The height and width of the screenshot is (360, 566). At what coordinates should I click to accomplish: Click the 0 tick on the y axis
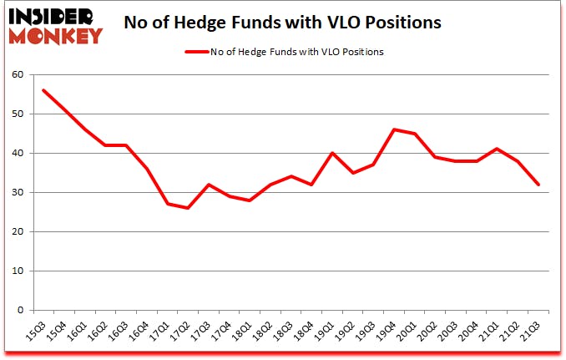click(20, 310)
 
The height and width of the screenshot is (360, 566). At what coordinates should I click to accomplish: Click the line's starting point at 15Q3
click(43, 90)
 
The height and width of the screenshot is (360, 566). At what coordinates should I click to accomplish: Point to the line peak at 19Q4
click(394, 129)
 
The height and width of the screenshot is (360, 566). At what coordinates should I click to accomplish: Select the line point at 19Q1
click(332, 153)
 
